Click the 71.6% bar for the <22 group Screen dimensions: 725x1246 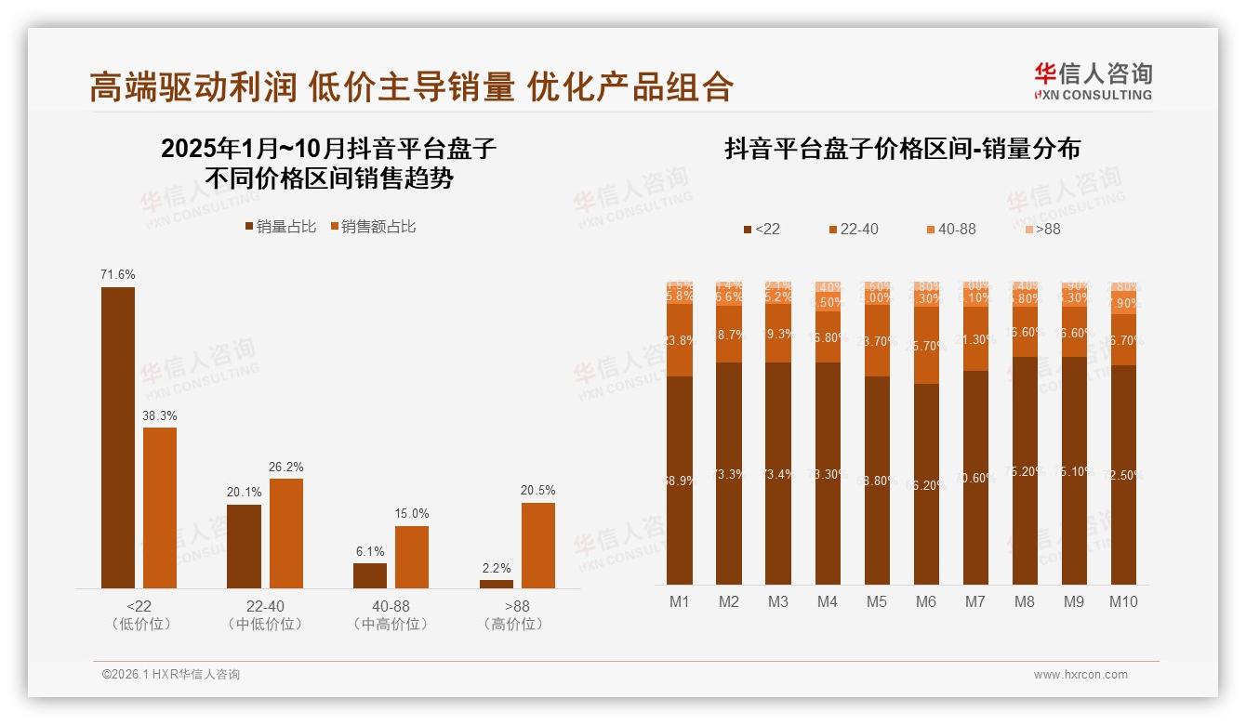(x=118, y=437)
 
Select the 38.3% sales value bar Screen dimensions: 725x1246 (x=159, y=507)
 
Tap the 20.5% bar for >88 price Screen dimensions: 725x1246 (x=537, y=545)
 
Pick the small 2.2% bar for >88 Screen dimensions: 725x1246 (x=497, y=584)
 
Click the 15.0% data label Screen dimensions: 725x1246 (x=412, y=513)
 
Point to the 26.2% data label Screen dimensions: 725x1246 (x=286, y=467)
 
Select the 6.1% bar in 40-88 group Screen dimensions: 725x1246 (x=370, y=575)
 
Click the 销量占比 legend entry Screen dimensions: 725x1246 (x=280, y=226)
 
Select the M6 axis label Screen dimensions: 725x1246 (x=925, y=601)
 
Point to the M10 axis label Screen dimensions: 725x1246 (x=1123, y=601)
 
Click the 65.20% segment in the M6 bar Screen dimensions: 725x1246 (x=926, y=483)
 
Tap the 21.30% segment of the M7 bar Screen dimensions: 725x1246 (x=975, y=340)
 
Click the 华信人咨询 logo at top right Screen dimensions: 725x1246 (x=1093, y=80)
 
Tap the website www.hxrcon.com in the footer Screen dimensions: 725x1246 (x=1080, y=675)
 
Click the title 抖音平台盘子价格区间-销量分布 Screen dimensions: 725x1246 (x=902, y=150)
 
